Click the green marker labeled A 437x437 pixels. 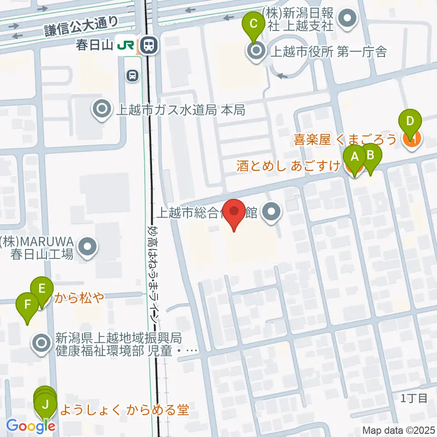point(354,158)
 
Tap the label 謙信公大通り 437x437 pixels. point(81,26)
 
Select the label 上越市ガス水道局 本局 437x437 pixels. point(181,109)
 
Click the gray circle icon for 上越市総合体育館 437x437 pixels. point(272,212)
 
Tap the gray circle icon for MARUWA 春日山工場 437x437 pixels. point(88,247)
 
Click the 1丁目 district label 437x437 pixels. point(414,398)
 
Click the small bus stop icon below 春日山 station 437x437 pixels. point(132,75)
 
